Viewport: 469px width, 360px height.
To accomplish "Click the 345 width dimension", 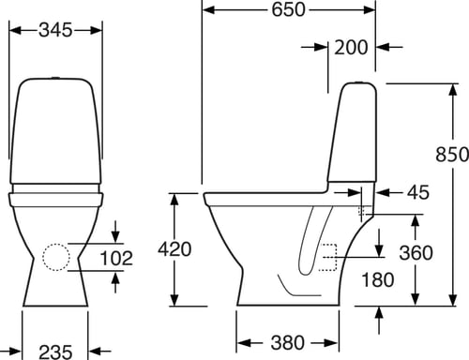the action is click(x=55, y=30).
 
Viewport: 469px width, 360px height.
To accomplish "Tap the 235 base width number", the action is click(x=55, y=352).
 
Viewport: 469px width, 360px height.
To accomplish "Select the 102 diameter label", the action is click(x=116, y=258).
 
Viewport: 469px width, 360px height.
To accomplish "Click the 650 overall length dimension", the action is click(x=288, y=9).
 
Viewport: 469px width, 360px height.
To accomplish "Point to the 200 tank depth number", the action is click(x=351, y=48).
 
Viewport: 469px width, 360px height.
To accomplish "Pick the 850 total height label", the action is click(x=452, y=155).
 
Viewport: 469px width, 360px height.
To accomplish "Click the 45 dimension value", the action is click(x=418, y=192).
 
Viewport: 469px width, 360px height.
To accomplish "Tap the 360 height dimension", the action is click(x=416, y=252).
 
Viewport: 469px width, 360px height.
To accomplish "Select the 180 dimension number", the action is click(x=378, y=279).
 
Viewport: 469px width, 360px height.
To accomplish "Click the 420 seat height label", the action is click(x=174, y=249).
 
